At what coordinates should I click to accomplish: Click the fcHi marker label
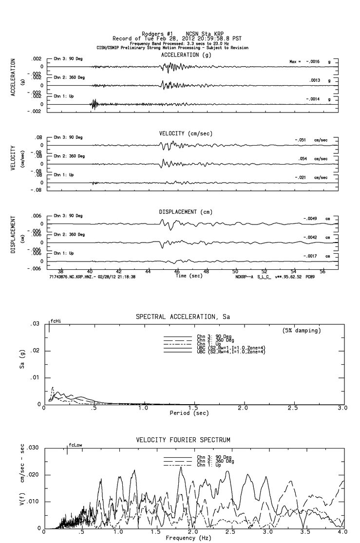click(56, 322)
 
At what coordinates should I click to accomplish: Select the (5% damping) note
click(302, 331)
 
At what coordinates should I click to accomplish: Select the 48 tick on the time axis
click(207, 271)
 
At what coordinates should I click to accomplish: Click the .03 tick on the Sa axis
click(35, 324)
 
